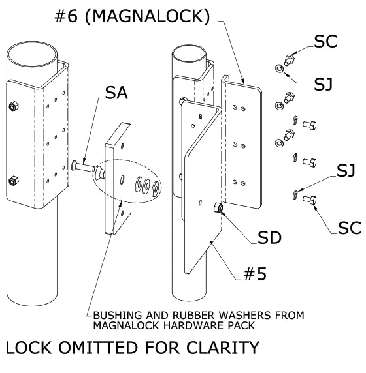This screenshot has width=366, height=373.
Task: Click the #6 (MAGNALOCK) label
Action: (x=131, y=16)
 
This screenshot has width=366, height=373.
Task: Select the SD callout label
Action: (x=269, y=238)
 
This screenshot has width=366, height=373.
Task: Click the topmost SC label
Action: (x=325, y=40)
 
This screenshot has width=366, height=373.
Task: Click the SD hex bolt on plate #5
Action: (x=218, y=209)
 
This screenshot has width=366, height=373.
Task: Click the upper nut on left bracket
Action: (x=12, y=106)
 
